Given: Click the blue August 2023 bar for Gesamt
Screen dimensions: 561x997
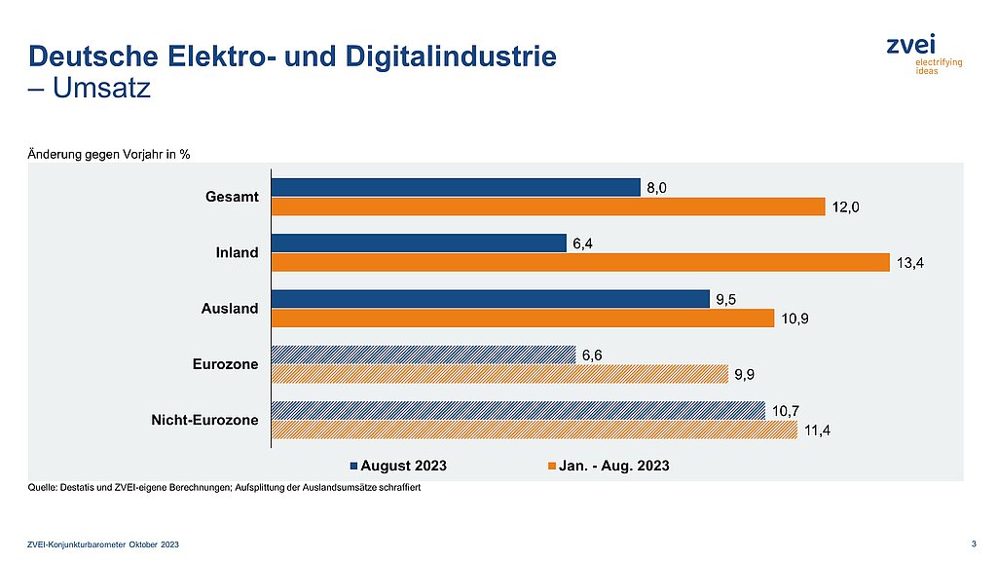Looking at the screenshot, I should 456,187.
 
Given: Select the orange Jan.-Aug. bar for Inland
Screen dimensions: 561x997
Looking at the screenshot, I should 580,262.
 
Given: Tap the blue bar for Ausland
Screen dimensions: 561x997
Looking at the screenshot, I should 490,299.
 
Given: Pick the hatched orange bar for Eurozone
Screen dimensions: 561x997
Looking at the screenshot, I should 499,374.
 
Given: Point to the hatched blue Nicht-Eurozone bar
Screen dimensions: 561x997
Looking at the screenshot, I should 518,411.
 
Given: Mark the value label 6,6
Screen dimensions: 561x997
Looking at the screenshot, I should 592,355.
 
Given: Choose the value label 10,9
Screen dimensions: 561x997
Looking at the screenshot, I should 792,318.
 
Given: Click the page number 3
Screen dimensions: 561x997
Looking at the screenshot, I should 975,542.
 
